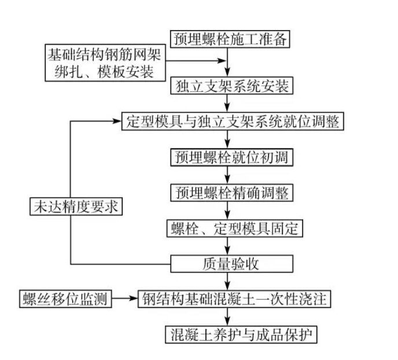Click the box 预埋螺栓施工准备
coord(230,39)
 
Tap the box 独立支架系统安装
coord(230,87)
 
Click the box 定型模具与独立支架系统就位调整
coord(234,122)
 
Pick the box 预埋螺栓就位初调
coord(230,157)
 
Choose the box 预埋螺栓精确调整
coord(230,192)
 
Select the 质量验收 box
coord(230,264)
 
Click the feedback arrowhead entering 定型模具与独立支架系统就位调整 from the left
coord(118,122)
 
